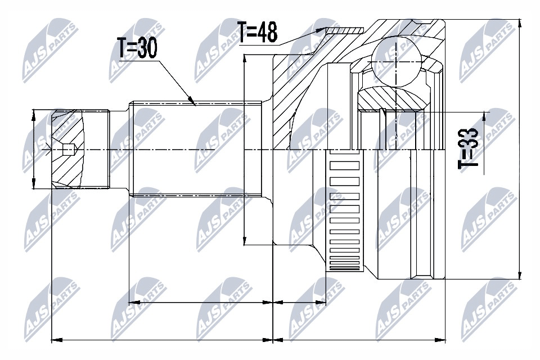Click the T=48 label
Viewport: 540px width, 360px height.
coord(257,33)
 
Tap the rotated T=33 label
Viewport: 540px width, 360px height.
coord(468,148)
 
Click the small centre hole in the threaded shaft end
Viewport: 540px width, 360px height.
coord(67,150)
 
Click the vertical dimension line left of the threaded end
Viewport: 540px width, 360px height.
coord(34,150)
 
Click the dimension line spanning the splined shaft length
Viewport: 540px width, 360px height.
coord(200,303)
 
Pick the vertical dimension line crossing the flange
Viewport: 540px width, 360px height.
coord(245,149)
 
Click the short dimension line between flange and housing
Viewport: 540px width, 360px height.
coord(299,303)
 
